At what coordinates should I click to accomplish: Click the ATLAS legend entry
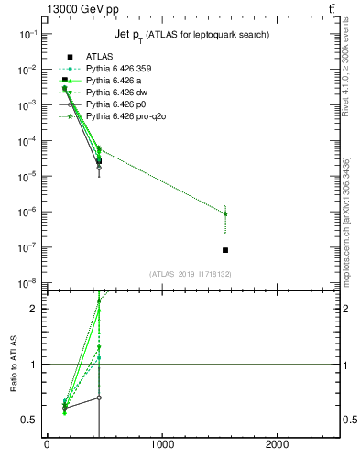coord(99,57)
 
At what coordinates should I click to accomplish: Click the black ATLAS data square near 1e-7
coord(225,250)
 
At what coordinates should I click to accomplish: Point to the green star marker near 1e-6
coord(225,213)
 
